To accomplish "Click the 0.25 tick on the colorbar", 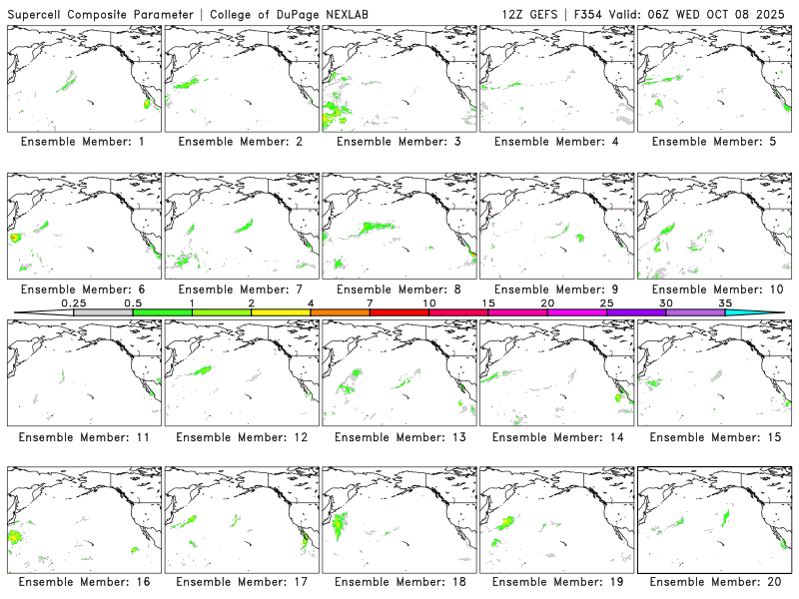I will pos(73,302).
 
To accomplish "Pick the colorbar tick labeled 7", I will pos(370,302).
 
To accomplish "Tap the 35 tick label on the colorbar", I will pos(725,302).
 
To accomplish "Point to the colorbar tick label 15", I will pos(488,302).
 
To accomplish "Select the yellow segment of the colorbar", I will pos(281,312).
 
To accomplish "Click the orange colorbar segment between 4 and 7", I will pos(340,312).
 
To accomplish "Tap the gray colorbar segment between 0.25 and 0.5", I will pos(103,312).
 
